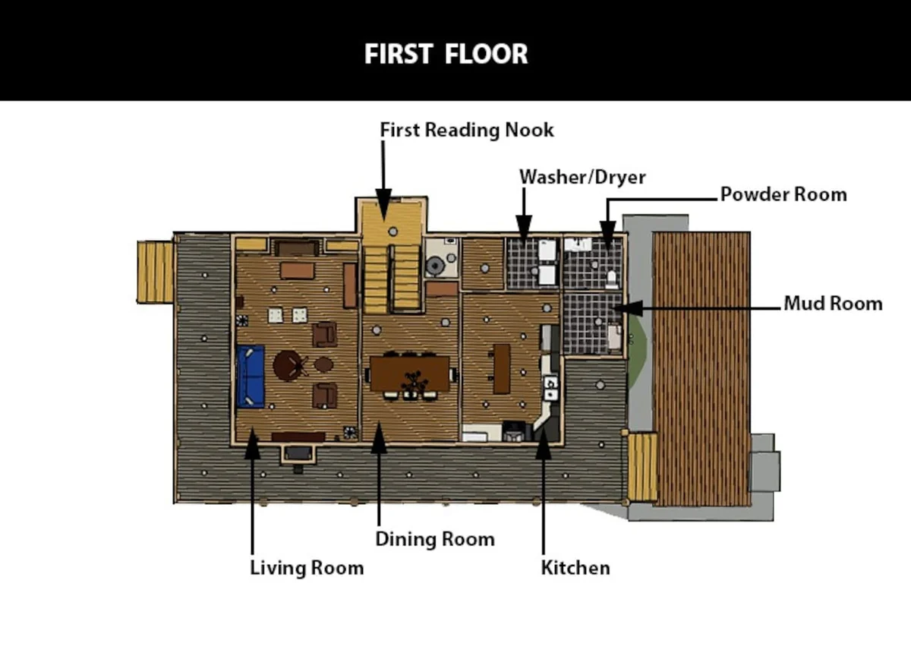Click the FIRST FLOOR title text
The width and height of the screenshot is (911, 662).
tap(446, 54)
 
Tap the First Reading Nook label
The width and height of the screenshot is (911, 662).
tap(467, 130)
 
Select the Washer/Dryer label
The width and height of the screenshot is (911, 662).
tap(582, 178)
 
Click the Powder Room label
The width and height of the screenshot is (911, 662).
tap(783, 194)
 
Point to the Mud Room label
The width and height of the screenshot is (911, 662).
tap(833, 304)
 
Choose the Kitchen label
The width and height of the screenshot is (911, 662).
tap(575, 568)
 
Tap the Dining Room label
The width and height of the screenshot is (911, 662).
tap(435, 539)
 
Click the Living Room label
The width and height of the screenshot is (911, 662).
tap(307, 568)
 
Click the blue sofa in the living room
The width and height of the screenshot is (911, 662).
tap(251, 376)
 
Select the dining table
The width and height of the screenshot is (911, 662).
tap(409, 374)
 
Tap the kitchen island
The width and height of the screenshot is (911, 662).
tap(502, 369)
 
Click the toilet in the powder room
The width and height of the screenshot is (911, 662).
tap(612, 279)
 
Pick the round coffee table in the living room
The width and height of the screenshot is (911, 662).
tap(288, 366)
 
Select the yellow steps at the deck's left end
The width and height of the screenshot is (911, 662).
tap(156, 272)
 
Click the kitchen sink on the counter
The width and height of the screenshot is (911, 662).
tap(551, 388)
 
